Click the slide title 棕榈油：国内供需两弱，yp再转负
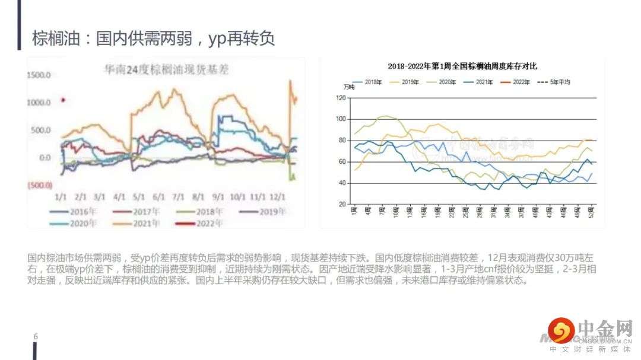tap(153, 39)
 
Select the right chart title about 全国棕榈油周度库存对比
tap(462, 66)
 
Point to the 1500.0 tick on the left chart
tap(39, 75)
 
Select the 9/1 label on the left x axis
tap(218, 196)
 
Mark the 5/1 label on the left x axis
tap(139, 196)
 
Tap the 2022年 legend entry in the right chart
tap(521, 82)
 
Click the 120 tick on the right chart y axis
tap(341, 98)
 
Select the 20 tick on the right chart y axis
tap(342, 204)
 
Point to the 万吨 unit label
tap(349, 88)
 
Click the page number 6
tap(36, 336)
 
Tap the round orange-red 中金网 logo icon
tap(561, 330)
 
